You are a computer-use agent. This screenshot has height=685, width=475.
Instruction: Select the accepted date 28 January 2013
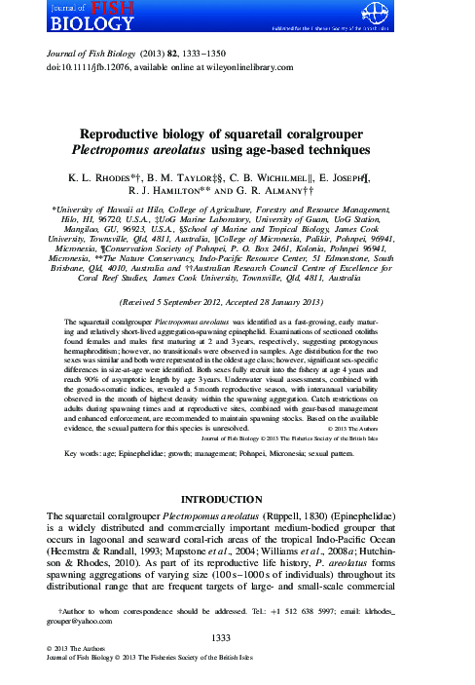point(311,303)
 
